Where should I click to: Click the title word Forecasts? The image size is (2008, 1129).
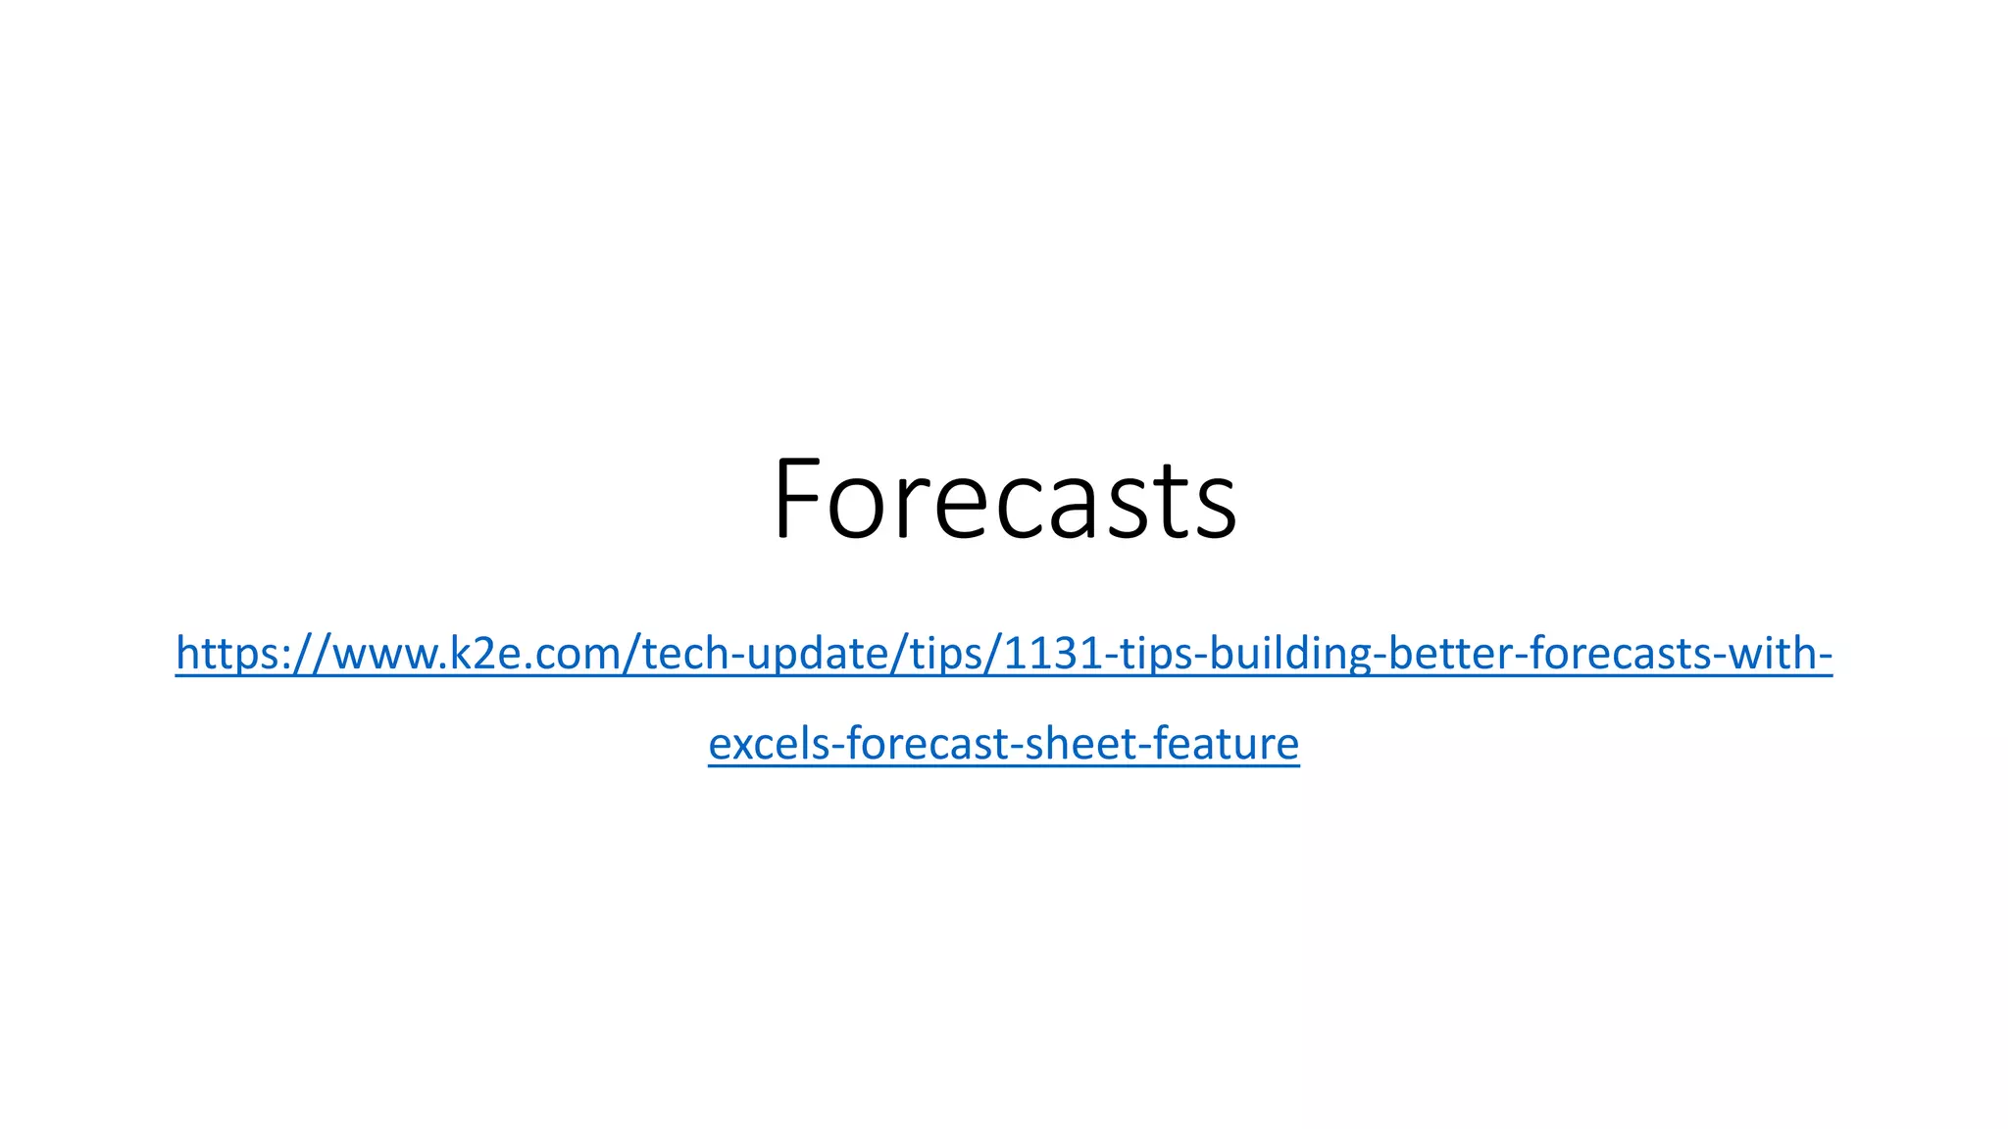(x=1004, y=500)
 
